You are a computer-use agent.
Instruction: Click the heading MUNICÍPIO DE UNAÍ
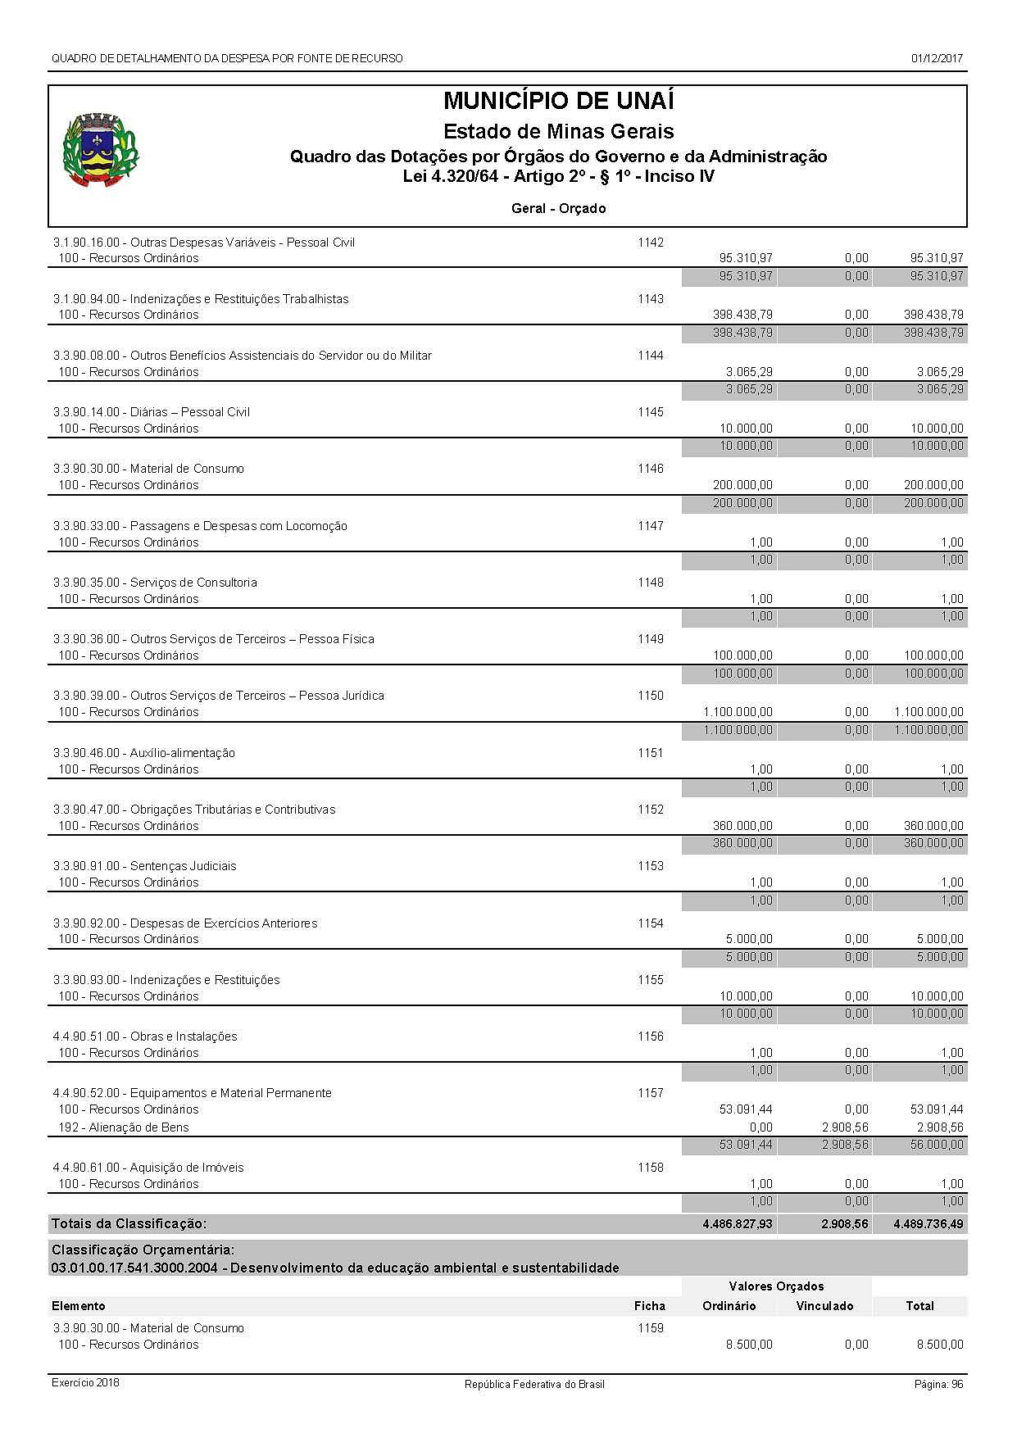point(558,102)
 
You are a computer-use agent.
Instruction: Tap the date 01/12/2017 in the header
point(937,58)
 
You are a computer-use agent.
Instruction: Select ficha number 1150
point(651,696)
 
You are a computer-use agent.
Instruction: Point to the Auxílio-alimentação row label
point(143,753)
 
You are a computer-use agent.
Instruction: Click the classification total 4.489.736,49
point(929,1223)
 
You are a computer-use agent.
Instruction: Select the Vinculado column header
point(824,1306)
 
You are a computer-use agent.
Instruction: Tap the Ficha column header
point(649,1306)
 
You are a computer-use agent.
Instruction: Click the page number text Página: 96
point(938,1384)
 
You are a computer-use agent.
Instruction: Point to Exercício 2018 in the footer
point(85,1383)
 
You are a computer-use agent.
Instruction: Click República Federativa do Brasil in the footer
point(534,1384)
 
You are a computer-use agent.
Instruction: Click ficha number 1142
point(651,243)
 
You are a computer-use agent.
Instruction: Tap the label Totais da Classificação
point(129,1223)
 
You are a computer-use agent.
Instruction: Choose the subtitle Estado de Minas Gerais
point(558,131)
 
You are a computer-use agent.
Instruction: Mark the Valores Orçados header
point(776,1286)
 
